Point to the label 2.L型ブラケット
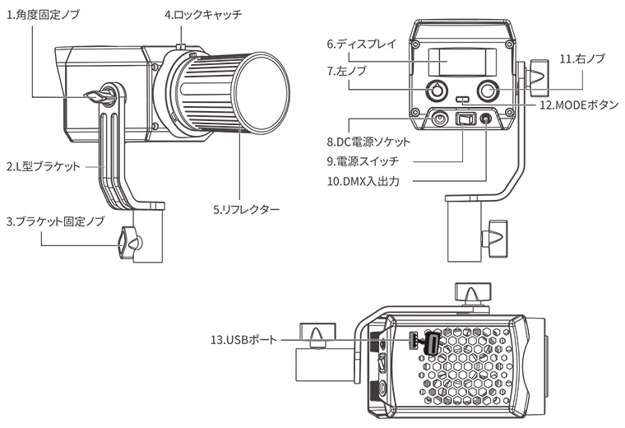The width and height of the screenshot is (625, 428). pos(43,166)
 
